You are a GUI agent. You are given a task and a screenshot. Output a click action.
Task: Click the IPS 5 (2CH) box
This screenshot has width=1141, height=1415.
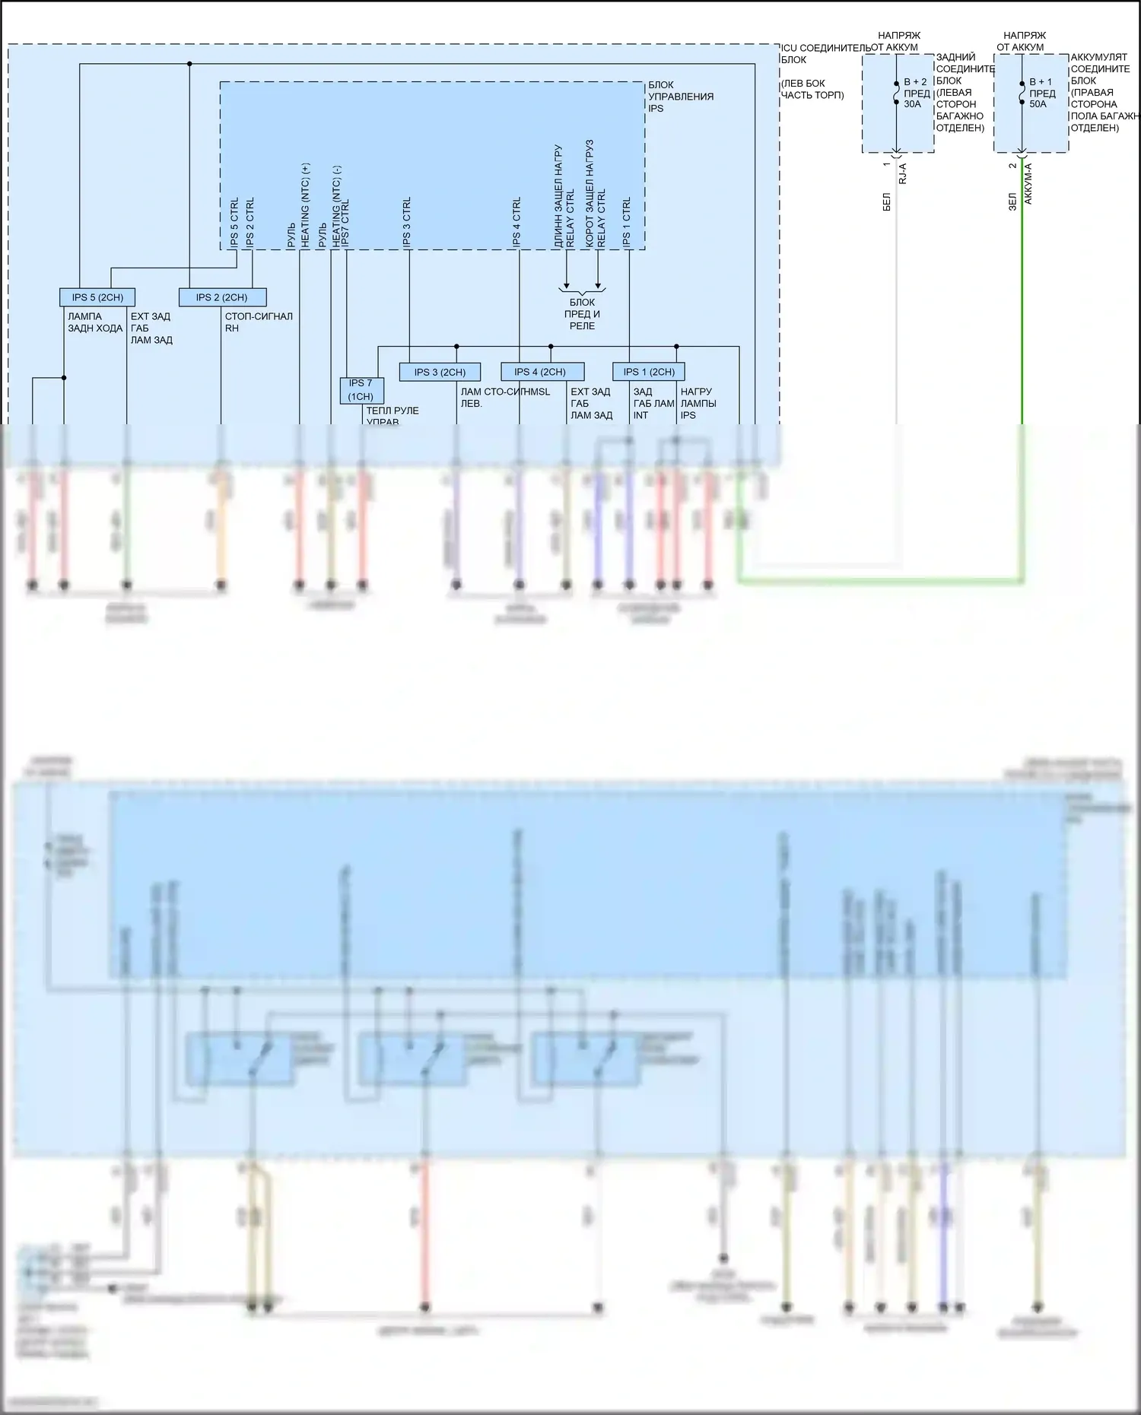point(97,297)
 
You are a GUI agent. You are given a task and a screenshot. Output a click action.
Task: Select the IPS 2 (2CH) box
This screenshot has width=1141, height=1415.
point(222,297)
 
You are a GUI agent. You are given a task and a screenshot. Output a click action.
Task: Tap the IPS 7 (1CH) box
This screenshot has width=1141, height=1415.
point(361,390)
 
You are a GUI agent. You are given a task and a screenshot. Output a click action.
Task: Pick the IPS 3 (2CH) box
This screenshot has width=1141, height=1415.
point(440,372)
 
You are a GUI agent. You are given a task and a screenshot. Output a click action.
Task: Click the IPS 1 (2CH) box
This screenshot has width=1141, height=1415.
point(648,372)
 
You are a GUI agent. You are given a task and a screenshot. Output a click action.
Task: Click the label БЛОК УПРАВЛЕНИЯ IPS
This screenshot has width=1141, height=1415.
point(680,97)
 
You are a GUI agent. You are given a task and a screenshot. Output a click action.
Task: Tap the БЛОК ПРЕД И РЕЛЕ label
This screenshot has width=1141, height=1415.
point(582,314)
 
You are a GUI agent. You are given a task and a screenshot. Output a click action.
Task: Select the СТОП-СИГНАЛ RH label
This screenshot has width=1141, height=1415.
point(258,322)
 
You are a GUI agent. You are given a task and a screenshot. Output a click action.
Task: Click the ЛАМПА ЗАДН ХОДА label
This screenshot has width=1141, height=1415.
point(94,322)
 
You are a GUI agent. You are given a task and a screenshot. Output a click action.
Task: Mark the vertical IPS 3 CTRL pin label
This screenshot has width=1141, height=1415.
point(407,222)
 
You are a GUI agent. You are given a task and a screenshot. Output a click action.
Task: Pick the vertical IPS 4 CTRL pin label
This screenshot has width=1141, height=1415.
point(517,222)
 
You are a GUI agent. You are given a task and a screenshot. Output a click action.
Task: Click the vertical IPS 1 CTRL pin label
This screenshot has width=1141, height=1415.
point(627,222)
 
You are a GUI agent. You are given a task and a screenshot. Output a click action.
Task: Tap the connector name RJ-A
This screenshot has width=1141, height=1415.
point(903,174)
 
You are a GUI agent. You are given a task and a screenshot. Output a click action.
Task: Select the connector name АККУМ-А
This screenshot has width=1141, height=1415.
point(1028,183)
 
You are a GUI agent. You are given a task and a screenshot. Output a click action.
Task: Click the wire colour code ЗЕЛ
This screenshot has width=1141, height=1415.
point(1012,201)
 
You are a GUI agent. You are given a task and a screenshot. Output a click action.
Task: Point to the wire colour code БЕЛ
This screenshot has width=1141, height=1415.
point(887,201)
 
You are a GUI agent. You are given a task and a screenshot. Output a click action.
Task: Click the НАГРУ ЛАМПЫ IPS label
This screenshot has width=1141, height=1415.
point(698,404)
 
